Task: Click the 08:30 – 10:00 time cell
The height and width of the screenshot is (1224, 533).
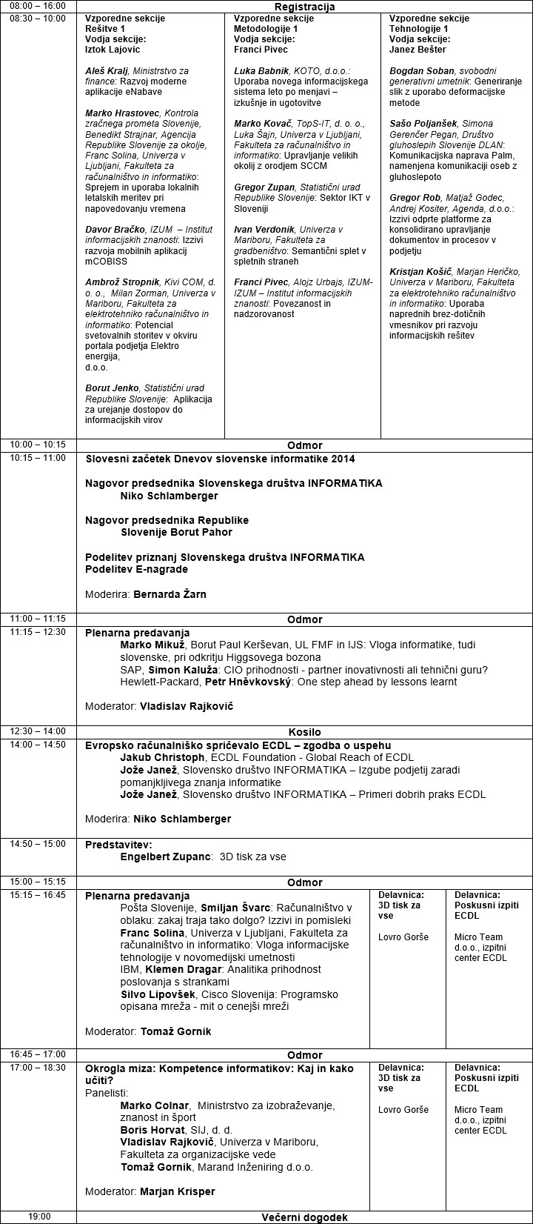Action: (37, 18)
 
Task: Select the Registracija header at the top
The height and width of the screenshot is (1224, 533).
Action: (304, 7)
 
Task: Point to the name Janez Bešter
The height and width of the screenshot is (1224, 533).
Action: (418, 50)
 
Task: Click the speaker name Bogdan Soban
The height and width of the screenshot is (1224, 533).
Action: (420, 71)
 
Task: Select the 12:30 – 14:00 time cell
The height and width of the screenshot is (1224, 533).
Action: (38, 731)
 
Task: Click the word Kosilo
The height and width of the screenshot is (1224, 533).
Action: (304, 732)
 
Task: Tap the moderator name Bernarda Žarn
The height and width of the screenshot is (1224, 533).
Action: (170, 594)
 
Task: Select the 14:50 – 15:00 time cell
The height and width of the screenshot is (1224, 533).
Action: (38, 844)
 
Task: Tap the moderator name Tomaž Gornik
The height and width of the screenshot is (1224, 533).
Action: (172, 1031)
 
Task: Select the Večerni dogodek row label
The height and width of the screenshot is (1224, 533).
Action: (304, 1217)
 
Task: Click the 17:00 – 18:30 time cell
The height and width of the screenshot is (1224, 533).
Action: (38, 1068)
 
